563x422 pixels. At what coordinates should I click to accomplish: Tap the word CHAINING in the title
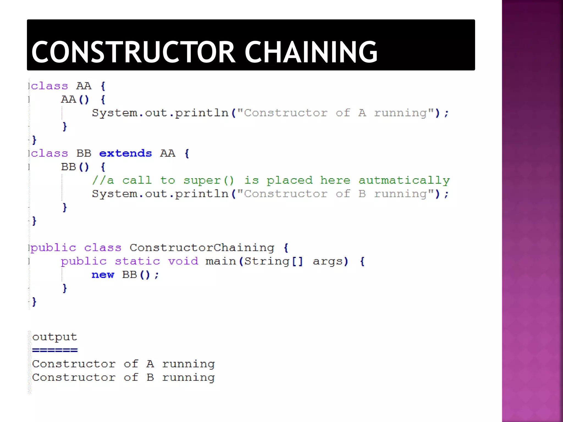pyautogui.click(x=311, y=52)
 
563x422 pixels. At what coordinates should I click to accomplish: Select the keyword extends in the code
pyautogui.click(x=125, y=153)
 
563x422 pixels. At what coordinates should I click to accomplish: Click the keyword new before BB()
pyautogui.click(x=103, y=274)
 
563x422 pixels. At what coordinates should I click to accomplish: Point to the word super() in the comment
pyautogui.click(x=209, y=180)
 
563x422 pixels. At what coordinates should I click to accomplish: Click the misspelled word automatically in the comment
pyautogui.click(x=404, y=180)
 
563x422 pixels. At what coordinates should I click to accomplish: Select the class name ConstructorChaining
pyautogui.click(x=202, y=248)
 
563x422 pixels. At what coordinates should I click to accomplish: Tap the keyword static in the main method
pyautogui.click(x=137, y=261)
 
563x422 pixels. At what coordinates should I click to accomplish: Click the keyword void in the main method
pyautogui.click(x=183, y=261)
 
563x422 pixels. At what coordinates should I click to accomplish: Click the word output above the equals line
pyautogui.click(x=54, y=337)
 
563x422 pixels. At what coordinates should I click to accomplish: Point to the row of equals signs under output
pyautogui.click(x=55, y=350)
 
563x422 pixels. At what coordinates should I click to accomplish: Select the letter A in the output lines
pyautogui.click(x=150, y=364)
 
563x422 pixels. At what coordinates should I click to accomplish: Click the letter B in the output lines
pyautogui.click(x=150, y=377)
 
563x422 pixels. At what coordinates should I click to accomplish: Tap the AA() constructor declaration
pyautogui.click(x=75, y=99)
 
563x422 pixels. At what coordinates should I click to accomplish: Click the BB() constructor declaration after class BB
pyautogui.click(x=75, y=167)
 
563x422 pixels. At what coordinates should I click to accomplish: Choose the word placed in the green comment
pyautogui.click(x=289, y=180)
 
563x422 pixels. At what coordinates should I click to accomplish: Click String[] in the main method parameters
pyautogui.click(x=274, y=261)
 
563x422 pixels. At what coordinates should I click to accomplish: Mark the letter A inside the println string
pyautogui.click(x=362, y=113)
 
